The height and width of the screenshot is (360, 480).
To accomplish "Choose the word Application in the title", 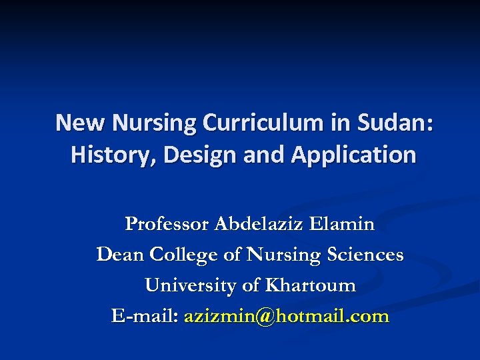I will [353, 155].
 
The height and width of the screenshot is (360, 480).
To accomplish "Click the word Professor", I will [167, 224].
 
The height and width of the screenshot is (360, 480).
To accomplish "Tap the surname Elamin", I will [342, 224].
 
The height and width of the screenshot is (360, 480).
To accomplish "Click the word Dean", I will [121, 255].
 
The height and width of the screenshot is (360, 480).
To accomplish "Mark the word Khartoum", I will [310, 285].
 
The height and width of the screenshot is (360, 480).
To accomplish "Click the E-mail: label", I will [145, 316].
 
